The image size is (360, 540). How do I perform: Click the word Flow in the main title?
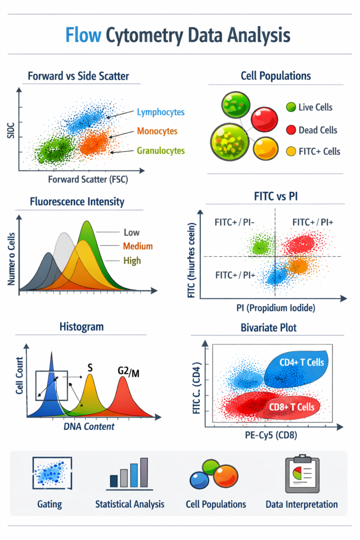pyautogui.click(x=83, y=35)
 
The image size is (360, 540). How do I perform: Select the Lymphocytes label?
pyautogui.click(x=161, y=112)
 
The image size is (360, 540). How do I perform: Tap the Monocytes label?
pyautogui.click(x=157, y=131)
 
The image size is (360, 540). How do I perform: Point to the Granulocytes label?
pyautogui.click(x=161, y=150)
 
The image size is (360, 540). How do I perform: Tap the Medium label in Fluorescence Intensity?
pyautogui.click(x=138, y=246)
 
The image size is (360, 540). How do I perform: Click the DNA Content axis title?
pyautogui.click(x=88, y=426)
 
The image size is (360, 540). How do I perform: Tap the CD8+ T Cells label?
pyautogui.click(x=291, y=407)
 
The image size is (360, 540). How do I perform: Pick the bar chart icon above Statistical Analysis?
pyautogui.click(x=129, y=472)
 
